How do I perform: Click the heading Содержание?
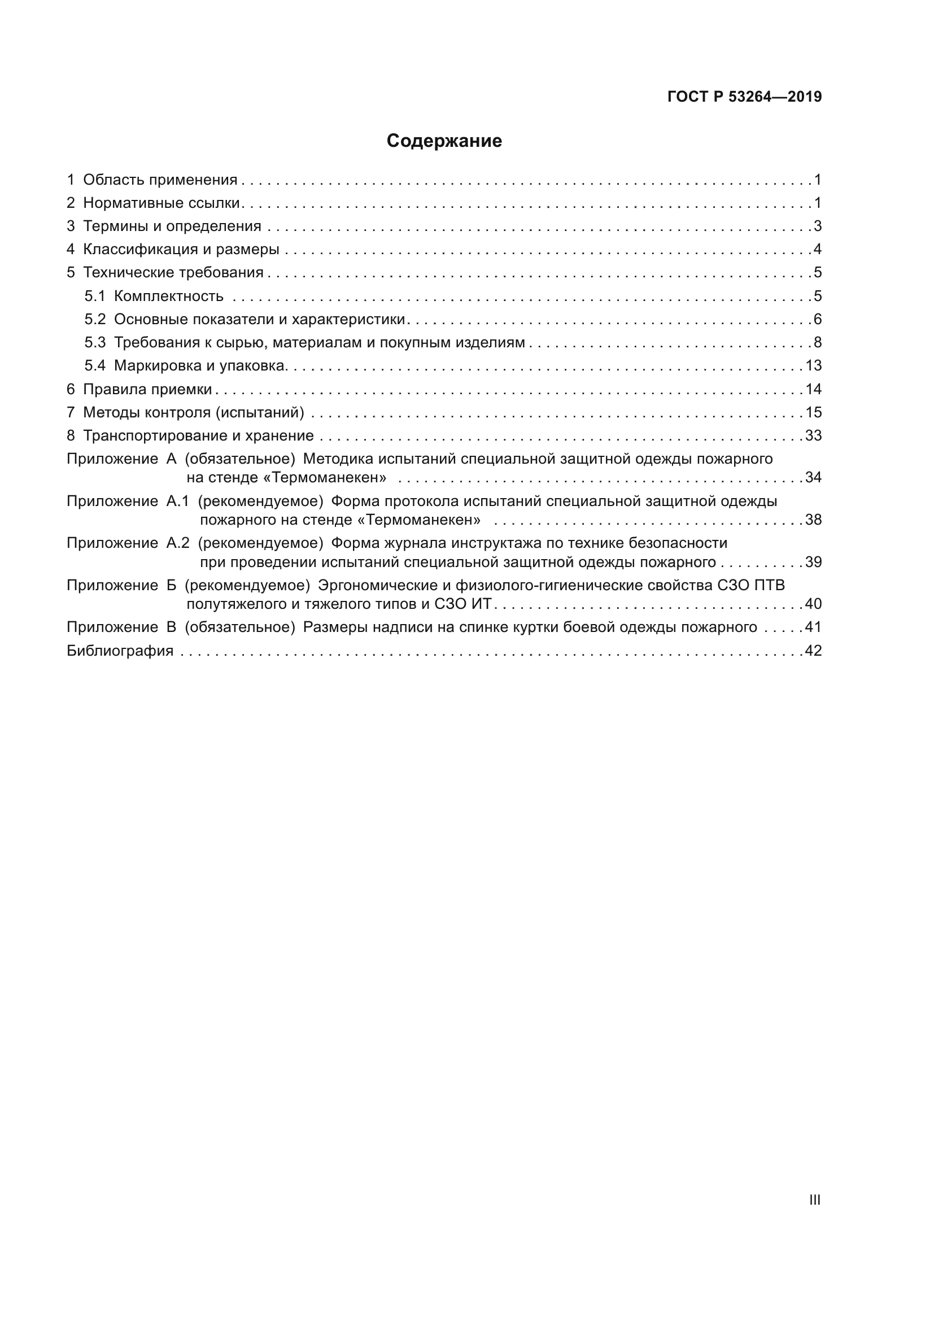pos(444,141)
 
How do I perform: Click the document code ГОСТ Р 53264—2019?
pos(744,97)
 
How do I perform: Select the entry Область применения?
pos(160,180)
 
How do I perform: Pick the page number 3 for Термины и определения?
pos(817,226)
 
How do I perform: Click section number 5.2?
pos(95,319)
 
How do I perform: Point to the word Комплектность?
pos(168,297)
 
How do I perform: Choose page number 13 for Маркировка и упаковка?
pos(813,366)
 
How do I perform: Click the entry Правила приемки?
pos(147,390)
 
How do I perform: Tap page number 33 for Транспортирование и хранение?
pos(813,435)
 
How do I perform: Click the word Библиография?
pos(120,651)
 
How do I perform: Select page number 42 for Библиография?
pos(813,651)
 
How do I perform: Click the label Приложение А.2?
pos(128,543)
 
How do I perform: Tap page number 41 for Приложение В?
pos(813,627)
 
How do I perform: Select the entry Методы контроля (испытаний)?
pos(193,412)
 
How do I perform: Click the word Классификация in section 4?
pos(136,250)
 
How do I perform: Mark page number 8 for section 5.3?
pos(817,343)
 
